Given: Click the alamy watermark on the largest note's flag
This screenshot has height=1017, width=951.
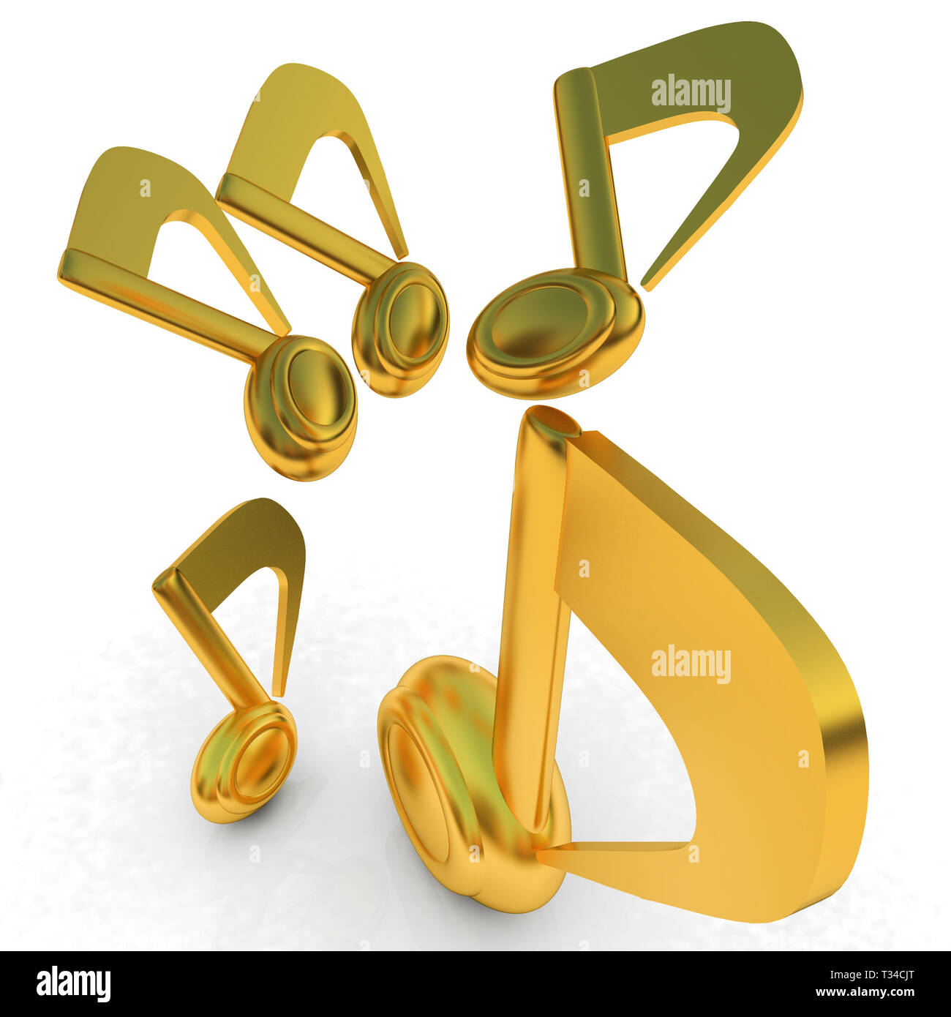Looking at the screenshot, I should [x=691, y=664].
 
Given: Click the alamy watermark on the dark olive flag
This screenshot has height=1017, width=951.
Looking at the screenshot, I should [x=691, y=94].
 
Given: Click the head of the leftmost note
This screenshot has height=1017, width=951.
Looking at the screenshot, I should [x=304, y=402].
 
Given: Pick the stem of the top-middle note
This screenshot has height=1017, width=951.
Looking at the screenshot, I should [x=307, y=227].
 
